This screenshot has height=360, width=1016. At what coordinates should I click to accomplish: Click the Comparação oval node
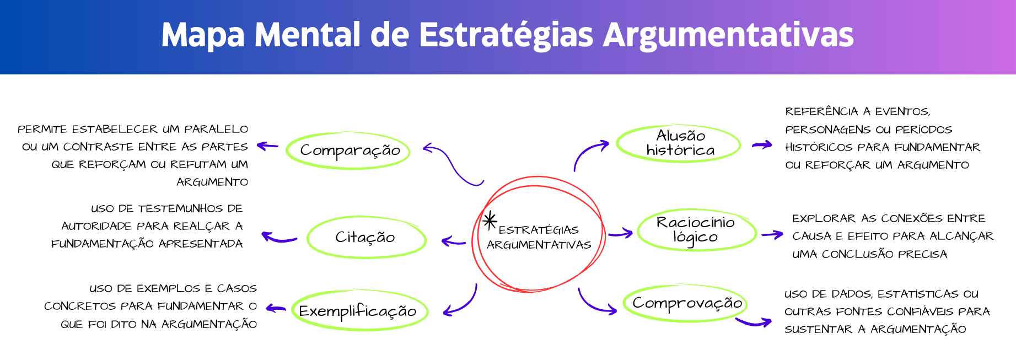(x=348, y=151)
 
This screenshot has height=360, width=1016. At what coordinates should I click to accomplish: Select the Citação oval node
(x=366, y=238)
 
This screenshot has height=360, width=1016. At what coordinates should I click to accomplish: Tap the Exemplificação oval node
(x=359, y=311)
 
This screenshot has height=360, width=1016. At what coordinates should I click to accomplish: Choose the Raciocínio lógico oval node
(x=696, y=229)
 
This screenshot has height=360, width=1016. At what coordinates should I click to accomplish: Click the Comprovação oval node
(x=686, y=303)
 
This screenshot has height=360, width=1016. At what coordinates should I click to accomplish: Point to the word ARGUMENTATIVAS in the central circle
(x=539, y=245)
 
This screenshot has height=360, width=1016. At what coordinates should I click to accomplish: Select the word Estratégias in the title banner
(x=506, y=35)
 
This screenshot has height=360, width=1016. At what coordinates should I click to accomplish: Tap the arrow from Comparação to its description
(x=267, y=146)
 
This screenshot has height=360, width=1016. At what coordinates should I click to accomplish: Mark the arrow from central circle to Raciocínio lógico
(x=621, y=233)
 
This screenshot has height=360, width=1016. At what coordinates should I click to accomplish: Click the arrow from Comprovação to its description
(x=754, y=322)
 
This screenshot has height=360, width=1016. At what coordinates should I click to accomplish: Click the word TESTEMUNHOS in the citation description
(x=180, y=209)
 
